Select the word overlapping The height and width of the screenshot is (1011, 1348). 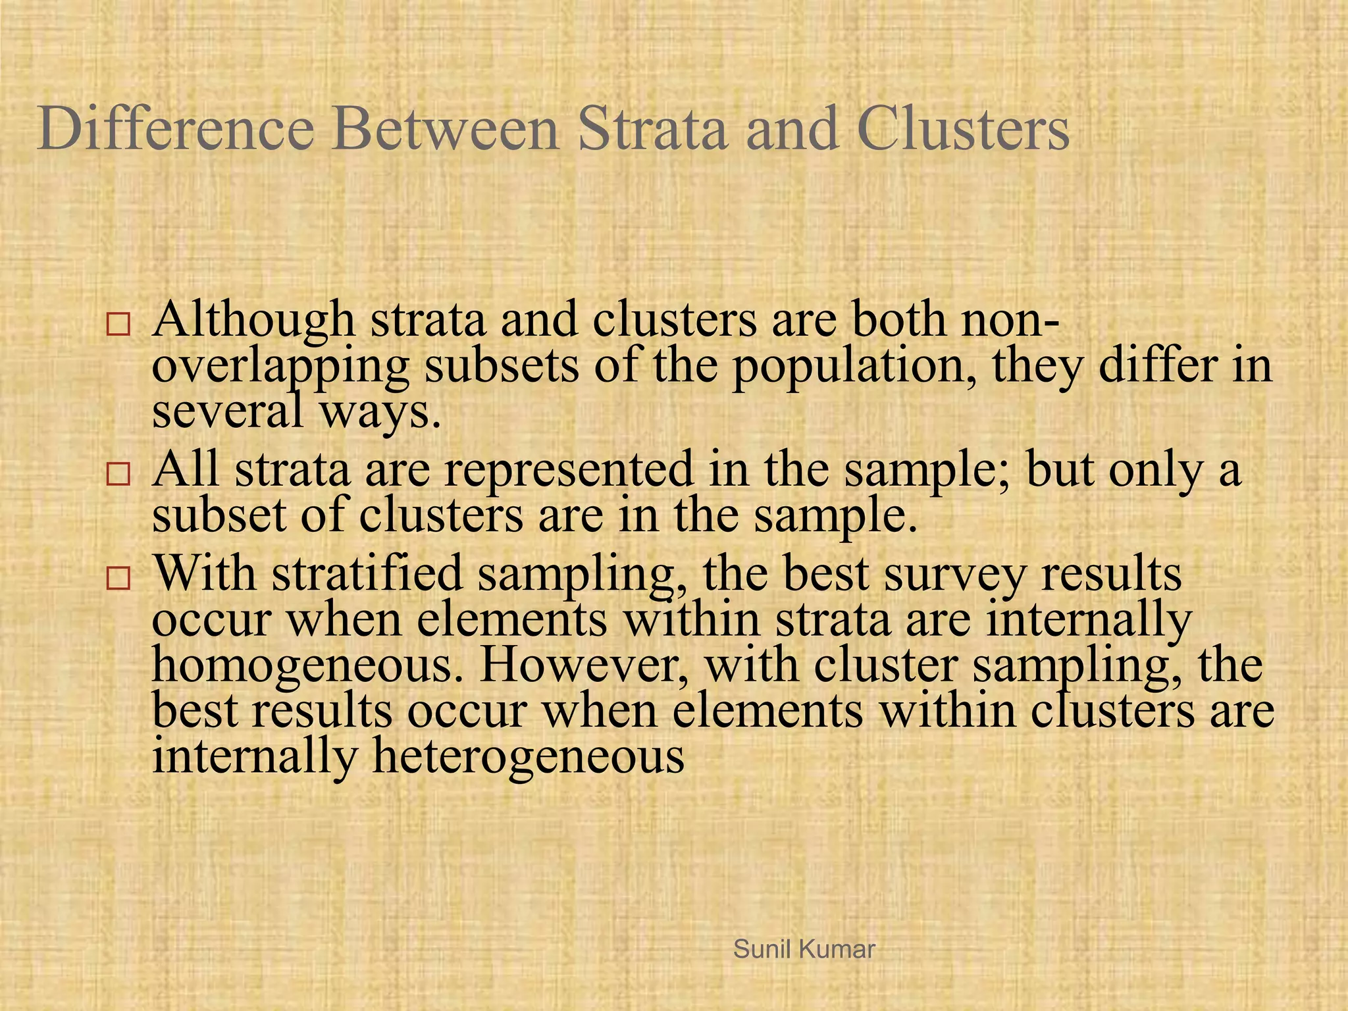[280, 366]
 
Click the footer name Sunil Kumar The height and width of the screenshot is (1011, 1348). [804, 949]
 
